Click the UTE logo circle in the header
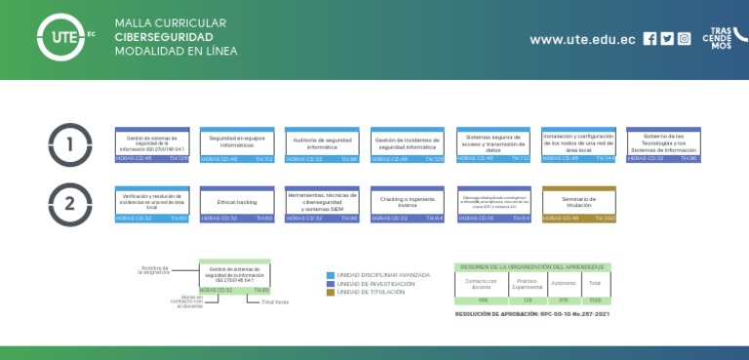60,38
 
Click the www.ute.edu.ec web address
582,40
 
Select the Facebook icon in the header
650,39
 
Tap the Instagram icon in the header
685,39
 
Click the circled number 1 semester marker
70,144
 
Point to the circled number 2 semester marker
70,204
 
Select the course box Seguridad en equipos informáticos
237,142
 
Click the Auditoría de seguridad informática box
322,142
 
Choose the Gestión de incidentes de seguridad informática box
408,142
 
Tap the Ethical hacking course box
237,202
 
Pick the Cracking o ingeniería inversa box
408,202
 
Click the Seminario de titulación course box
579,202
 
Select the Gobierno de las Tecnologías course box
663,142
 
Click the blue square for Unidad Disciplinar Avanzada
331,275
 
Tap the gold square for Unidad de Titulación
331,292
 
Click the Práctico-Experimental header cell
529,284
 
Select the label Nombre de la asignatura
154,269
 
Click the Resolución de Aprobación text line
532,314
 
